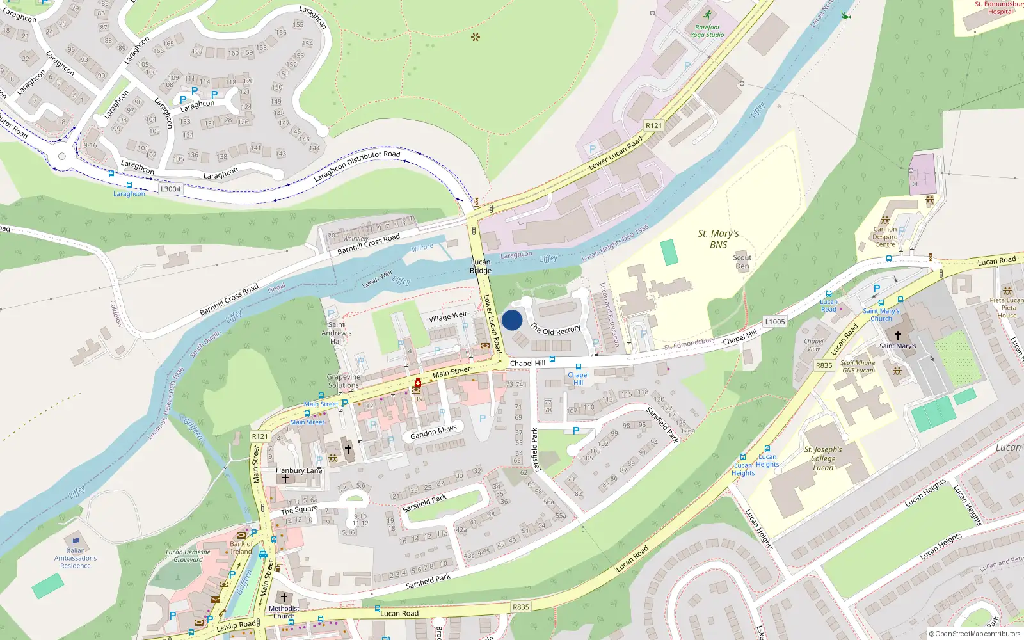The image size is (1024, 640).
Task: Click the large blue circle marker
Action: pos(512,320)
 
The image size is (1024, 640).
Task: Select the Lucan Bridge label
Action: pos(481,266)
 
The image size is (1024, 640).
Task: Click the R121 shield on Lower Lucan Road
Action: pos(653,125)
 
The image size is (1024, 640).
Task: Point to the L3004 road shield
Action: pos(170,189)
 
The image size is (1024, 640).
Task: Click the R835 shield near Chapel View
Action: pos(824,365)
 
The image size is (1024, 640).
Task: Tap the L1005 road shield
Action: pos(774,322)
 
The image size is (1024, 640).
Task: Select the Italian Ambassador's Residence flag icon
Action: pos(76,541)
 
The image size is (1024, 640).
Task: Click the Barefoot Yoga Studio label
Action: pos(707,31)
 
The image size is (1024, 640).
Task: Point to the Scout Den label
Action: pos(742,262)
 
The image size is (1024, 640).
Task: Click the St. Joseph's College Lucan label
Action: pos(823,458)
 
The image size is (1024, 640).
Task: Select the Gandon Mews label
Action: pos(433,433)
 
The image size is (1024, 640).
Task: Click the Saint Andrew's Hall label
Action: pos(337,333)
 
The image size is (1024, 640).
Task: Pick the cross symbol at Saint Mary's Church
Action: pos(897,335)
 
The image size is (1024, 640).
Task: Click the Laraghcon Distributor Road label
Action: pos(357,166)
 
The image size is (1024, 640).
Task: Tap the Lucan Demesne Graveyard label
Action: pos(188,556)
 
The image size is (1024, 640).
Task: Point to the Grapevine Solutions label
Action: pos(344,381)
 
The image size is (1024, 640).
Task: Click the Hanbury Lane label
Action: pos(299,470)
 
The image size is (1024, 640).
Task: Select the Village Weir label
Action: pos(448,317)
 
